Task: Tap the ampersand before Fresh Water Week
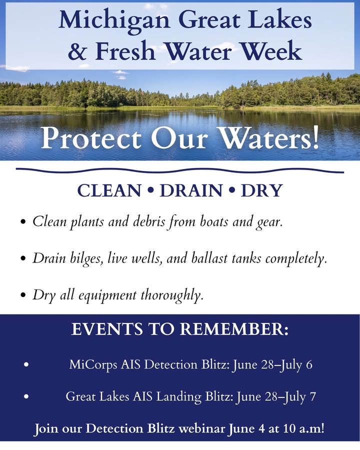point(77,51)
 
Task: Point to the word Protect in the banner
point(91,138)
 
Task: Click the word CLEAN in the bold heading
point(109,191)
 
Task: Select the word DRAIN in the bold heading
point(191,191)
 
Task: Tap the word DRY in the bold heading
point(262,191)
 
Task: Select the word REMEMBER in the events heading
point(234,329)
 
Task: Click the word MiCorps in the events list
point(93,365)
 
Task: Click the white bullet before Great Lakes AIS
point(26,396)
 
